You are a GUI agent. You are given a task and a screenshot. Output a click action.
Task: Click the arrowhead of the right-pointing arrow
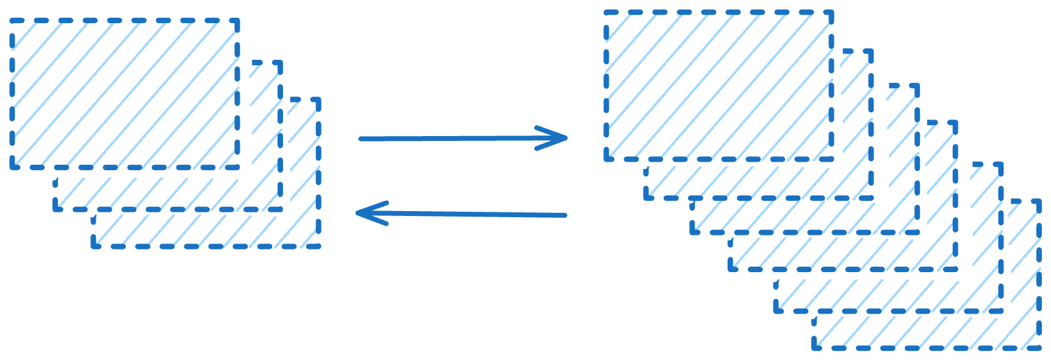click(x=567, y=139)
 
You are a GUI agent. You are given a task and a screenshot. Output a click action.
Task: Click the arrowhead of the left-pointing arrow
click(x=358, y=214)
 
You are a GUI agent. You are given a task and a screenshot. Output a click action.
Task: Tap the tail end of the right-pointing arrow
click(x=360, y=139)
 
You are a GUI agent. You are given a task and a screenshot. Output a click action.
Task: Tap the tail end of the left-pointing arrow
click(x=566, y=215)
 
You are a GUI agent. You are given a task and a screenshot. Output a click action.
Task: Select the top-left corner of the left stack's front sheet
click(x=12, y=21)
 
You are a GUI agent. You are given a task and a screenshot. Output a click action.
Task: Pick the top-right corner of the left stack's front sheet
click(x=237, y=21)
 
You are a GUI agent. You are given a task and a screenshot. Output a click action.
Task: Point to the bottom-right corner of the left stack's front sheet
click(x=237, y=167)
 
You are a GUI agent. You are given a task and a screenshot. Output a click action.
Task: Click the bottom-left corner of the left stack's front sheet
click(x=12, y=167)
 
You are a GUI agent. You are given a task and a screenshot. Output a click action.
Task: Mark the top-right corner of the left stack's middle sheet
click(x=281, y=63)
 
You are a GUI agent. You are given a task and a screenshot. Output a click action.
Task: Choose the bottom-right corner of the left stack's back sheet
click(x=318, y=247)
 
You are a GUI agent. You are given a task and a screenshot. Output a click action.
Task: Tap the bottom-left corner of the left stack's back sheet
click(x=93, y=247)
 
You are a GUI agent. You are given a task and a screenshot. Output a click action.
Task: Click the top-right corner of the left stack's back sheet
click(x=318, y=99)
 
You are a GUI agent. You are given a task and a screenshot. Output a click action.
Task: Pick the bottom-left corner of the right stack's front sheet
click(x=607, y=159)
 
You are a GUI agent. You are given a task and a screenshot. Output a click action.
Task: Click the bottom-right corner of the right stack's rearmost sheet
click(x=1039, y=348)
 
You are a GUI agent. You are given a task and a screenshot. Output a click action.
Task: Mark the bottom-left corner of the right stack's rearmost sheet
click(x=814, y=348)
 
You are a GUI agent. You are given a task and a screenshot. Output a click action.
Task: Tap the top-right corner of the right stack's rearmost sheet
click(x=1039, y=201)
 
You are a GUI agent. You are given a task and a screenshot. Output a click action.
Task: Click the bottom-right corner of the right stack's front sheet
click(x=831, y=159)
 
